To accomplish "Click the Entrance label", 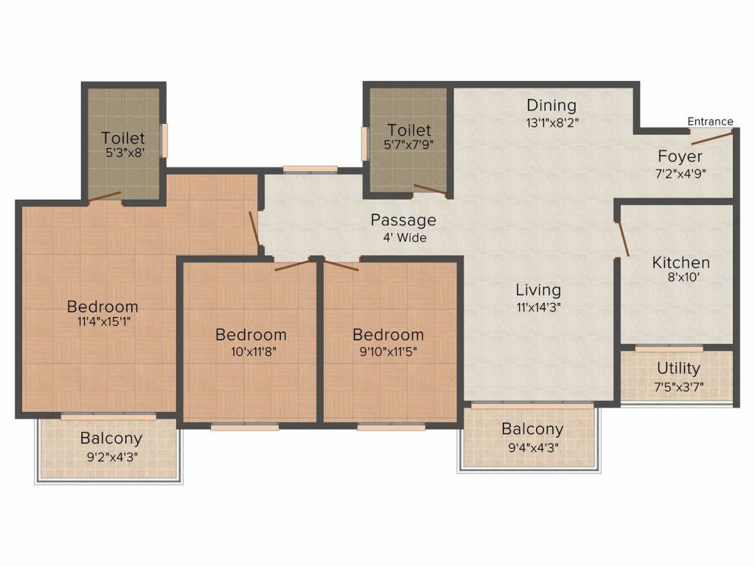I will click(710, 122).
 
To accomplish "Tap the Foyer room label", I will click(680, 156).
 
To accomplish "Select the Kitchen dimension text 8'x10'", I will click(681, 279).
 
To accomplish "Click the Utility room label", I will click(678, 368).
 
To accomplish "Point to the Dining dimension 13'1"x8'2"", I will click(551, 123).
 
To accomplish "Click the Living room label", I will click(537, 290).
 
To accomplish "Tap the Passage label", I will click(403, 220).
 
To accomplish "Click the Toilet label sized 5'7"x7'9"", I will click(408, 130).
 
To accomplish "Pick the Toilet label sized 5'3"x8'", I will click(123, 138).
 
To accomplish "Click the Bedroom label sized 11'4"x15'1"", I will click(102, 307).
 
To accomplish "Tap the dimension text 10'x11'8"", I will click(251, 352).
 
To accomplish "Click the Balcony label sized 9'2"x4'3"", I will click(111, 439).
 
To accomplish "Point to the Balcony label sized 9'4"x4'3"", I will click(532, 429).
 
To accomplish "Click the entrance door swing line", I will click(711, 137).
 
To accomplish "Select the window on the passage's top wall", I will click(310, 170).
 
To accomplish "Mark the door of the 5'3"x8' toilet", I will click(104, 196).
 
